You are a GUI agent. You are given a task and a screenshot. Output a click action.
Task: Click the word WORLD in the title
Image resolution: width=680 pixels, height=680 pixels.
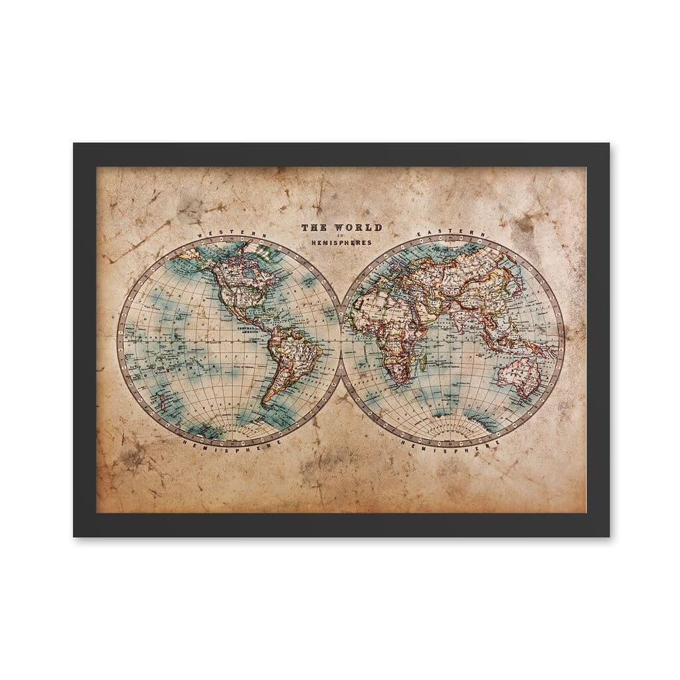tap(361, 227)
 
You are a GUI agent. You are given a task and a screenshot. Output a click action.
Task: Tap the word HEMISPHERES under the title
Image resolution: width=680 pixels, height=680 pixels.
tap(342, 243)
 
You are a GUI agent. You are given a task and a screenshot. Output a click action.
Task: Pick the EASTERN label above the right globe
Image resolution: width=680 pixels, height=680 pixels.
tap(452, 234)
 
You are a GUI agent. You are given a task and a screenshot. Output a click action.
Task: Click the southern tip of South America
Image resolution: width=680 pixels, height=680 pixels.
tap(264, 404)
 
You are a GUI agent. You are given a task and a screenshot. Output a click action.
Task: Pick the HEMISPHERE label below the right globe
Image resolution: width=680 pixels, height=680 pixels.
tap(452, 446)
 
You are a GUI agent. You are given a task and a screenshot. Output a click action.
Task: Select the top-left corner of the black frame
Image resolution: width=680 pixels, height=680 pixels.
tap(74, 144)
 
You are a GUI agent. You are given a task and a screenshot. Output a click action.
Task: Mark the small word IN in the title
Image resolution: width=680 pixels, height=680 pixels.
tap(342, 236)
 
